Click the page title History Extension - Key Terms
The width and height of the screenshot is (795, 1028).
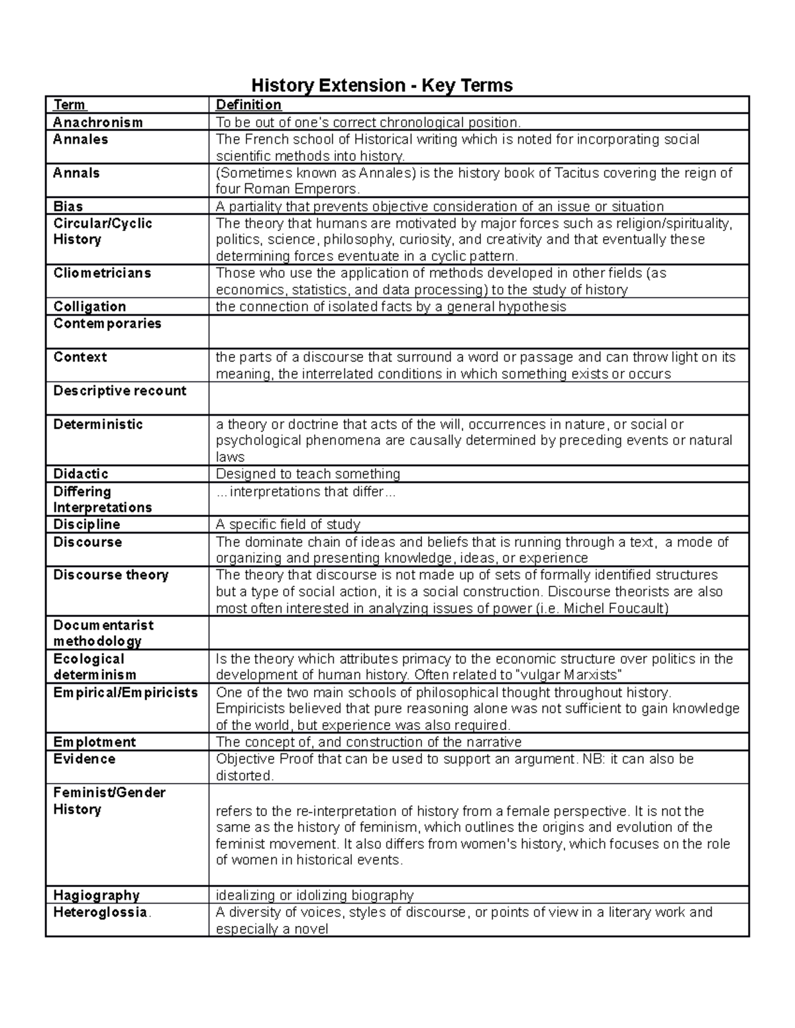[382, 85]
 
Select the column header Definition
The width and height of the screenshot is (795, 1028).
[248, 105]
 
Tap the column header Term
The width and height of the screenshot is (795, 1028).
[70, 105]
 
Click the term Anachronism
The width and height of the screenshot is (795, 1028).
[97, 122]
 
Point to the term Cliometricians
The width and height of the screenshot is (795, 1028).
[102, 273]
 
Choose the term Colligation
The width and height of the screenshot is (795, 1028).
[89, 306]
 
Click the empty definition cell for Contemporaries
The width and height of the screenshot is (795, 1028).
[478, 332]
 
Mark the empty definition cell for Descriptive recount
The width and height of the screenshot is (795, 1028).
[478, 398]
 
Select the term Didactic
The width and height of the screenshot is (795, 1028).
[81, 474]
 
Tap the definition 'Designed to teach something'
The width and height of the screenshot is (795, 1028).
[308, 474]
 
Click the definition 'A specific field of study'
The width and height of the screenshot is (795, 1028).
[288, 525]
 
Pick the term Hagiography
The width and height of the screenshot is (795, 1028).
[96, 896]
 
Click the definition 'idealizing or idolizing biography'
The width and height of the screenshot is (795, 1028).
[315, 896]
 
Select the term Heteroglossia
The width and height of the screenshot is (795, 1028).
[100, 912]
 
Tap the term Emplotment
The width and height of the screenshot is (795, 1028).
[94, 742]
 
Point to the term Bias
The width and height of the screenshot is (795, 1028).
[68, 207]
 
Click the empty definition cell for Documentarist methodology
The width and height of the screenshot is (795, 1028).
[478, 633]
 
